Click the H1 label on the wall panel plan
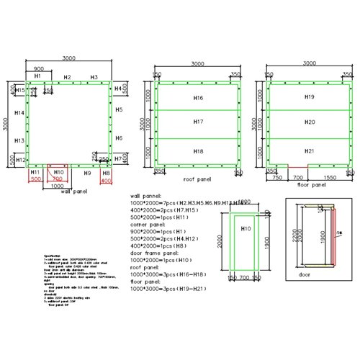[37, 76]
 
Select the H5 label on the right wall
[119, 112]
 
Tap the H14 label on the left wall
[19, 113]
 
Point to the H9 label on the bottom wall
[86, 174]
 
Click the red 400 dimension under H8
[107, 181]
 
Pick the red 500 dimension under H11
[35, 181]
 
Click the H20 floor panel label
[310, 123]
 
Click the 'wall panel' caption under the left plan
[75, 192]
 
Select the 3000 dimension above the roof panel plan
[197, 64]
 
